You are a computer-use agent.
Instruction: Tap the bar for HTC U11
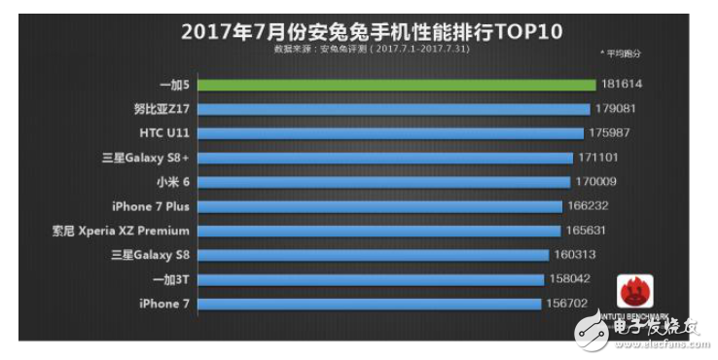click(x=389, y=133)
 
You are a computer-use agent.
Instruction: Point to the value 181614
click(x=624, y=85)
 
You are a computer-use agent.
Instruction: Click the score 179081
click(x=618, y=109)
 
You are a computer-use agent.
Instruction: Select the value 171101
click(x=602, y=158)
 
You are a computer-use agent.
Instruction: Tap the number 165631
click(x=591, y=231)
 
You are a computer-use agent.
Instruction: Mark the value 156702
click(x=569, y=304)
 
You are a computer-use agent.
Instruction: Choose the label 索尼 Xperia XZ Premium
click(x=121, y=231)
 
